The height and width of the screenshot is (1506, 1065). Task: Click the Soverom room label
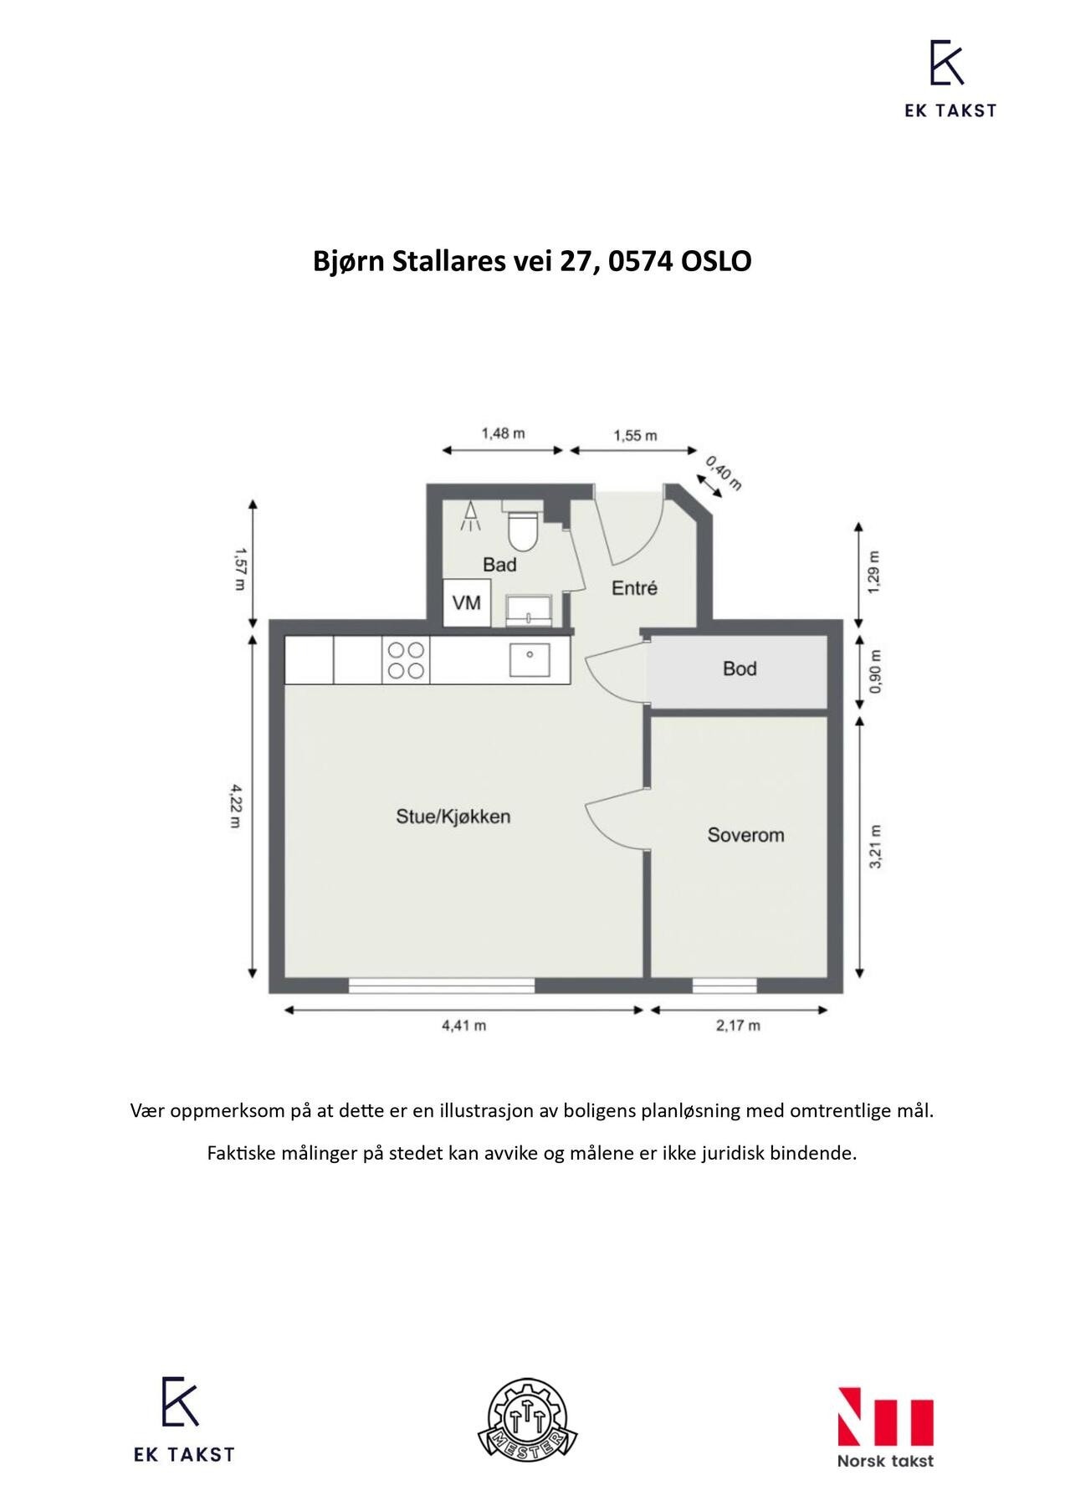pos(745,834)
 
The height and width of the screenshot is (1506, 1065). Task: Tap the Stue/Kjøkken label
pos(453,816)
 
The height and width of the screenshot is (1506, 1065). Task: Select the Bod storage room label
pos(740,668)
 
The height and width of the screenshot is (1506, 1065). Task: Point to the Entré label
pos(634,588)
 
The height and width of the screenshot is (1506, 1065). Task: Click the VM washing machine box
pos(466,602)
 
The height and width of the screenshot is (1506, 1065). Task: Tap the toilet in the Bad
pos(523,527)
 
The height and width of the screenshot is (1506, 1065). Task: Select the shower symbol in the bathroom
pos(471,517)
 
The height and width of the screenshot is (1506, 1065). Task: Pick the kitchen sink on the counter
pos(530,659)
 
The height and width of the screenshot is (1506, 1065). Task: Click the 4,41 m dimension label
pos(464,1026)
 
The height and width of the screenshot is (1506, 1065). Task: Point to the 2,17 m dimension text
pos(738,1026)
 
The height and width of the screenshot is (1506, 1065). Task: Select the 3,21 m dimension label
pos(875,847)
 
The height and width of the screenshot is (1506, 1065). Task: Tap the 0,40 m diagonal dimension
pos(724,473)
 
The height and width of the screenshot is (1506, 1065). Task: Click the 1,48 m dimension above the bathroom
pos(503,433)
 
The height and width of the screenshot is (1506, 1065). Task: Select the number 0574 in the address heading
pos(642,261)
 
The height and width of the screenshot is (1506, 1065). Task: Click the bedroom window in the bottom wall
pos(725,986)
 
